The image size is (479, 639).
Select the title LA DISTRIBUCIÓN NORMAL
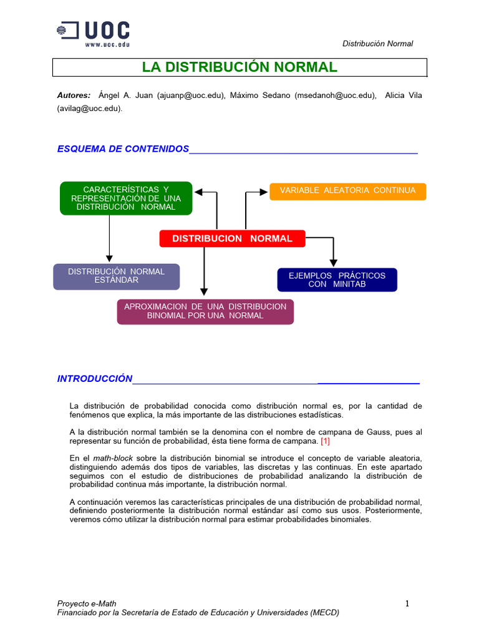pos(239,67)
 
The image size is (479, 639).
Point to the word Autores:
pos(74,95)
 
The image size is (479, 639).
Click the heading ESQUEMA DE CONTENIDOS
pos(123,149)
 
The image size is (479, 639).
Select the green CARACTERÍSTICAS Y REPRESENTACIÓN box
pos(126,198)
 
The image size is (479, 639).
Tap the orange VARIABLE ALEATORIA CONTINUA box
pos(347,191)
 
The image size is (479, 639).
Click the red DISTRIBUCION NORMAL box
pos(232,238)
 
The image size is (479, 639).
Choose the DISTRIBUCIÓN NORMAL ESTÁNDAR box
pos(116,276)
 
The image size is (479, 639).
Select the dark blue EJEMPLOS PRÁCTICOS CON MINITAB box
pos(337,280)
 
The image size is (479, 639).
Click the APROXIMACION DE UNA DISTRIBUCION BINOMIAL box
pos(205,311)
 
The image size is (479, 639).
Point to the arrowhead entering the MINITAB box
pos(334,263)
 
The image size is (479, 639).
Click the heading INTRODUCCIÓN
pos(95,378)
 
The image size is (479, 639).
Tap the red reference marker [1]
pos(325,441)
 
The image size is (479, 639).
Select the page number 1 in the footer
pos(407,603)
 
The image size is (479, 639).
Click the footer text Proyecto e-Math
pos(87,603)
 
